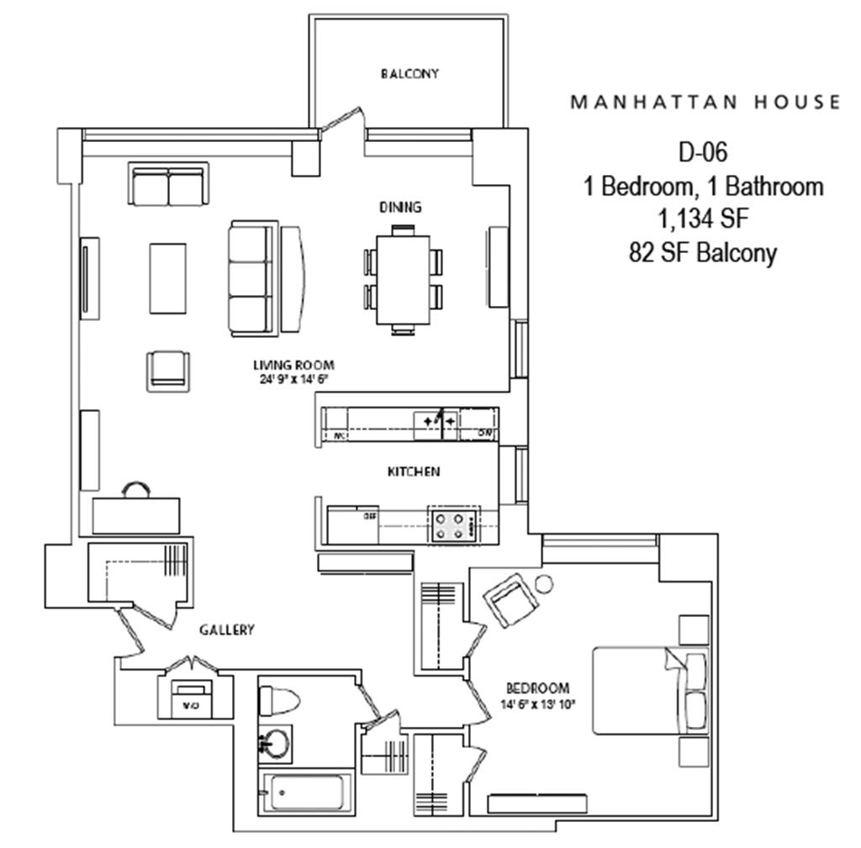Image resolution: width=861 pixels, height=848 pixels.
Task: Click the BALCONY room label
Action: pos(409,74)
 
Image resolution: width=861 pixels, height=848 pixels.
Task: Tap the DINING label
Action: pos(400,207)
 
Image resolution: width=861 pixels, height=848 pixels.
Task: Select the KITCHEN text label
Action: pos(413,472)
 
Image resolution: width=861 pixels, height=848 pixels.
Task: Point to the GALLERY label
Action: pos(226,629)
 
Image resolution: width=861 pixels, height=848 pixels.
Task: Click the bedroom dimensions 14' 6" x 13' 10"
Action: pos(538,705)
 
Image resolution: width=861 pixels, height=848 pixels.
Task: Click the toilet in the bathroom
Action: pos(277,699)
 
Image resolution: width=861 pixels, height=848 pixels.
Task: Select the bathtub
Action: pos(303,793)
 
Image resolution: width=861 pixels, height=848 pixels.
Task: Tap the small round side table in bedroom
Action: pos(543,582)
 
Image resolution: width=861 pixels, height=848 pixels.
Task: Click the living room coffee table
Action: pos(168,278)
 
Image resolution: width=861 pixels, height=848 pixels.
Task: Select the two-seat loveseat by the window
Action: pos(168,185)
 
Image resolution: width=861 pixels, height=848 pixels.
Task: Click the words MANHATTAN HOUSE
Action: pos(705,103)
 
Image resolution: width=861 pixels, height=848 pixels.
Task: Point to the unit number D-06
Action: pos(702,152)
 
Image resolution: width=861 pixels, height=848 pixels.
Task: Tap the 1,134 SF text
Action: pos(703,219)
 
